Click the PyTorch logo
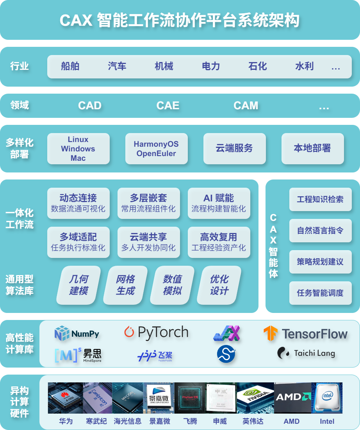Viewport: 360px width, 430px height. pos(156,332)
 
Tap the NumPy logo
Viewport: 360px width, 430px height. pos(77,334)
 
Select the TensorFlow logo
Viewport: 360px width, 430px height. pos(305,334)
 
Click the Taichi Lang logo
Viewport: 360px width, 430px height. pos(306,353)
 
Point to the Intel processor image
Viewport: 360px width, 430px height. pos(327,398)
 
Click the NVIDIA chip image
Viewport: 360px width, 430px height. pos(255,398)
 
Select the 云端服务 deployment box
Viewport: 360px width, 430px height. pos(234,148)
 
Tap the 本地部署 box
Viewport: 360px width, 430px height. pos(312,148)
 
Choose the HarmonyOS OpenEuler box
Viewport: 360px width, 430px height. pos(156,149)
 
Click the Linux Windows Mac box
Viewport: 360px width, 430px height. pos(78,149)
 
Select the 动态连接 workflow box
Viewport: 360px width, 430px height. pos(78,203)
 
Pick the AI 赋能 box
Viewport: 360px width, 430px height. pos(219,203)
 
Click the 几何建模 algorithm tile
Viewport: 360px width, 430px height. pos(78,285)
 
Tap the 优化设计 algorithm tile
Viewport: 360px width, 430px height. pos(219,285)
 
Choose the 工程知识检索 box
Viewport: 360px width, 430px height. pos(320,199)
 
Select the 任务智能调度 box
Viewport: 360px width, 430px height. pos(320,293)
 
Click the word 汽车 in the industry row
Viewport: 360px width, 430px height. pos(117,66)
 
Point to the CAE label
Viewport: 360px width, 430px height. pos(168,106)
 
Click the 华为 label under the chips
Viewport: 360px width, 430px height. pos(66,421)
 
